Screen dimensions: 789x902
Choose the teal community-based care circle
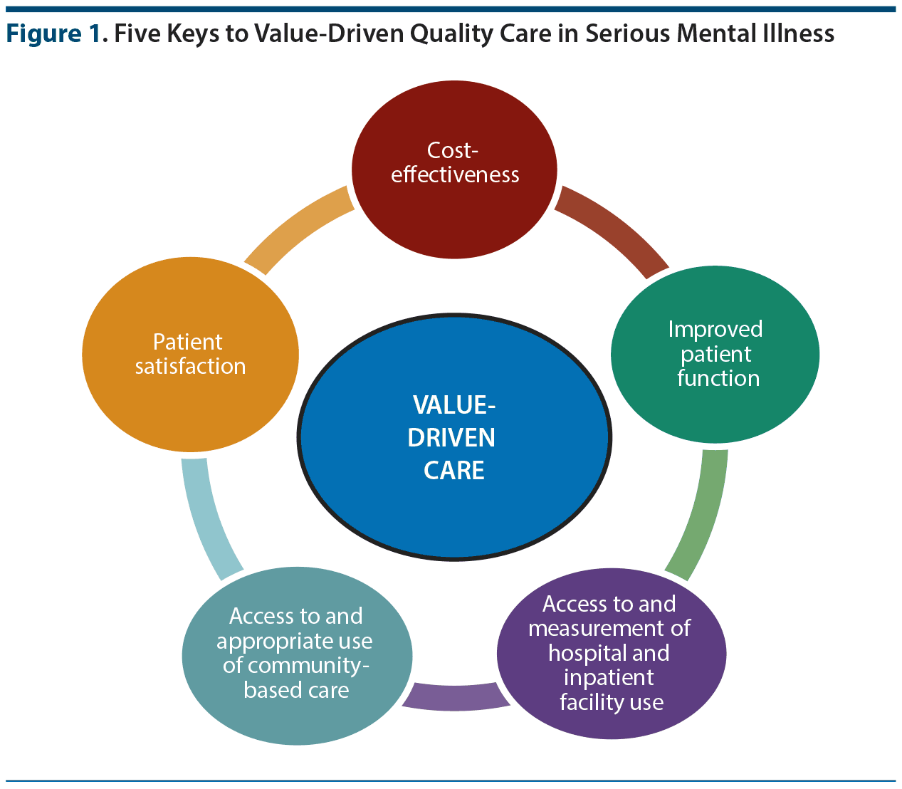297,719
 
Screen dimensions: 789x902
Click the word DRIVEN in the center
451,437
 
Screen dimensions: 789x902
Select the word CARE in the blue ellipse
453,470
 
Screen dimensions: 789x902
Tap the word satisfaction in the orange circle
190,366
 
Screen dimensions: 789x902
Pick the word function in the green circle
718,378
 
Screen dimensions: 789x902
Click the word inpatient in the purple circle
609,677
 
